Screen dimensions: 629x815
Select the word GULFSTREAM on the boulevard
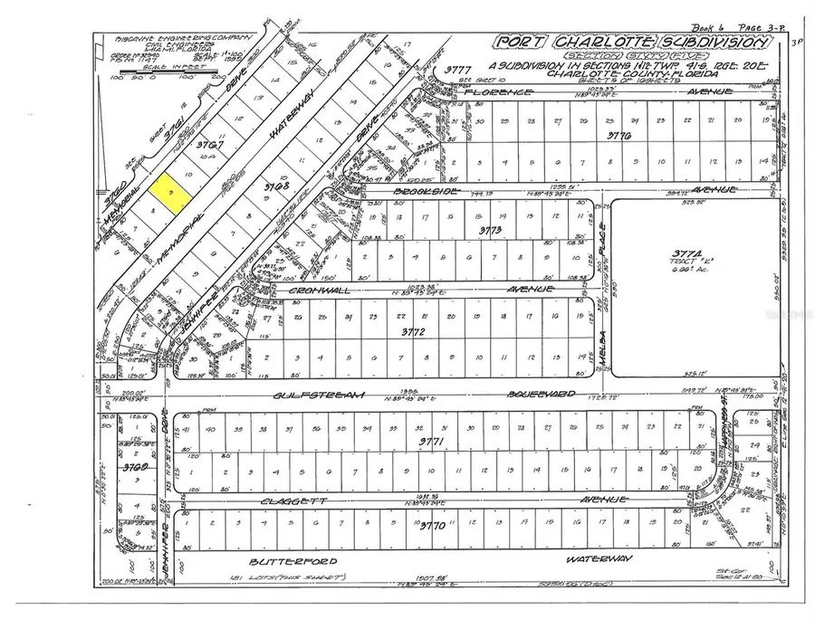307,395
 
